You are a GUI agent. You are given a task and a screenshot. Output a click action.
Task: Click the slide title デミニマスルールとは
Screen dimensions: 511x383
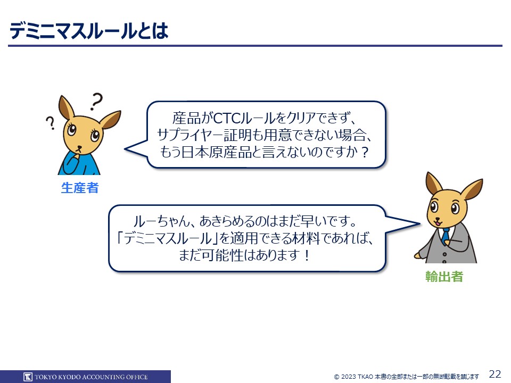89,31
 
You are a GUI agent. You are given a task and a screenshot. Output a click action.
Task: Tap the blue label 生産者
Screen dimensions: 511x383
80,188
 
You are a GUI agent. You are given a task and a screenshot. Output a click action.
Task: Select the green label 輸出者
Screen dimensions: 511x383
444,277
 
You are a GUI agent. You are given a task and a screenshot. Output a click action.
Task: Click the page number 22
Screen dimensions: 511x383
494,374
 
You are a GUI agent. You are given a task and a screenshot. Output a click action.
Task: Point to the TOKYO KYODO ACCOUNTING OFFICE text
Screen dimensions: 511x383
91,377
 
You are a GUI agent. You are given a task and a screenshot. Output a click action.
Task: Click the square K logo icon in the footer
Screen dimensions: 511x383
28,377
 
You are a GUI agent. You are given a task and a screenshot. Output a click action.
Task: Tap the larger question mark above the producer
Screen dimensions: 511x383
96,101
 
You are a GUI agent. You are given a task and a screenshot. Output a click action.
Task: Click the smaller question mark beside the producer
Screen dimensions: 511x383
50,123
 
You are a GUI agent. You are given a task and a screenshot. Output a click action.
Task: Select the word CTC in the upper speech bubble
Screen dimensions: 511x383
226,118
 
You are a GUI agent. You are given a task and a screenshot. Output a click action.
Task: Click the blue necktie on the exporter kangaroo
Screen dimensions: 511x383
446,235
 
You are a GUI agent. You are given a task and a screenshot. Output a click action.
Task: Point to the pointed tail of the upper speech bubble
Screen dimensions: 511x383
125,149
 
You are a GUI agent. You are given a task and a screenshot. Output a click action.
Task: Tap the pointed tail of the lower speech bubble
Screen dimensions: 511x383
420,223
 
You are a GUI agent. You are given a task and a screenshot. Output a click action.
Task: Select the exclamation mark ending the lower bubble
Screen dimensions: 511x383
307,255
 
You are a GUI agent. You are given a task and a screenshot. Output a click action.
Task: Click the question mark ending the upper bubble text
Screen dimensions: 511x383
365,152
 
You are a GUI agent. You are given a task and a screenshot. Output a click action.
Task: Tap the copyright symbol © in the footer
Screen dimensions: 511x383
336,377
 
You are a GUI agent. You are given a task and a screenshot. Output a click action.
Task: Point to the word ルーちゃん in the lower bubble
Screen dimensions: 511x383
161,221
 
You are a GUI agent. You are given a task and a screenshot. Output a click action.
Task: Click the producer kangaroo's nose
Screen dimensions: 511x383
79,147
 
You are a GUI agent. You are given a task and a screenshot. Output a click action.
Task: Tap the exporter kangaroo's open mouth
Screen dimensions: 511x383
438,223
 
